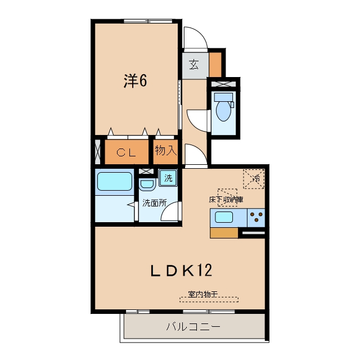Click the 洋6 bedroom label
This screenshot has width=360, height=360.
pyautogui.click(x=135, y=81)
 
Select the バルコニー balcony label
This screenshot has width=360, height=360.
pyautogui.click(x=193, y=326)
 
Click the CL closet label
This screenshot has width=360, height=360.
pyautogui.click(x=126, y=152)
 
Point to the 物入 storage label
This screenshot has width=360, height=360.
pyautogui.click(x=166, y=151)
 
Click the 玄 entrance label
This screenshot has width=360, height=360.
pyautogui.click(x=194, y=65)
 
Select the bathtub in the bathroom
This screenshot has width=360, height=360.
pyautogui.click(x=115, y=181)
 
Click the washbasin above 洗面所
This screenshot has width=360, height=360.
pyautogui.click(x=147, y=184)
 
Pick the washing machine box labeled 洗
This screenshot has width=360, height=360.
pyautogui.click(x=168, y=178)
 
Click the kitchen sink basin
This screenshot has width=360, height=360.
pyautogui.click(x=224, y=217)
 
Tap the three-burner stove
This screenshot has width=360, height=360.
pyautogui.click(x=256, y=217)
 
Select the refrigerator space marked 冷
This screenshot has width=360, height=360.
pyautogui.click(x=254, y=179)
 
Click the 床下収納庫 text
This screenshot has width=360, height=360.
pyautogui.click(x=226, y=200)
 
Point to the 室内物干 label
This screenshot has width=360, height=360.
pyautogui.click(x=202, y=294)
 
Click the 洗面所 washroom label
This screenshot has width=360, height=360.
pyautogui.click(x=155, y=203)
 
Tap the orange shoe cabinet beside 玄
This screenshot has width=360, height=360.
pyautogui.click(x=215, y=65)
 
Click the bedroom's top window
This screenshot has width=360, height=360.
pyautogui.click(x=148, y=21)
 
